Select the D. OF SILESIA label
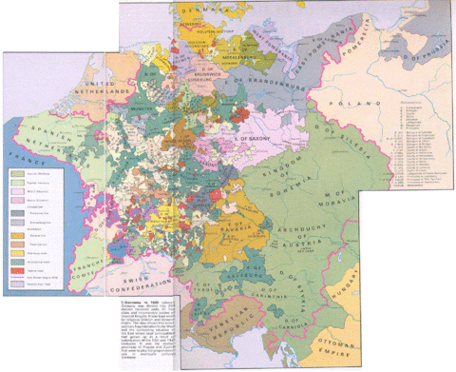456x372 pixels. click(x=323, y=143)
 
